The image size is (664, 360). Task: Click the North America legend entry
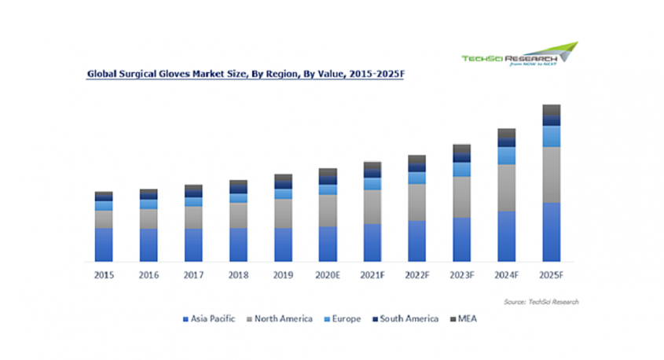pyautogui.click(x=281, y=319)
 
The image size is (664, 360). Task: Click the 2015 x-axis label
pyautogui.click(x=103, y=275)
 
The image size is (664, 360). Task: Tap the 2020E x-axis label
pyautogui.click(x=328, y=275)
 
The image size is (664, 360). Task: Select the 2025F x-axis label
pyautogui.click(x=552, y=275)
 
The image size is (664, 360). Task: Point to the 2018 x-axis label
pyautogui.click(x=237, y=275)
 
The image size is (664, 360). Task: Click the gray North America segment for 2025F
pyautogui.click(x=552, y=174)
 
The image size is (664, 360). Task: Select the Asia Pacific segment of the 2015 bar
pyautogui.click(x=103, y=244)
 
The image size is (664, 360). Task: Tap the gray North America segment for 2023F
pyautogui.click(x=462, y=197)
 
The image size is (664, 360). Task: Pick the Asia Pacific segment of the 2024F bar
pyautogui.click(x=507, y=236)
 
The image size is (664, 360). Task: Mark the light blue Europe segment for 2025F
pyautogui.click(x=552, y=136)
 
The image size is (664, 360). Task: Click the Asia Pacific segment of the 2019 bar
pyautogui.click(x=283, y=244)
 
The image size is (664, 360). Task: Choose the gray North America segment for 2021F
pyautogui.click(x=372, y=207)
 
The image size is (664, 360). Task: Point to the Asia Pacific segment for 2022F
pyautogui.click(x=417, y=241)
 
